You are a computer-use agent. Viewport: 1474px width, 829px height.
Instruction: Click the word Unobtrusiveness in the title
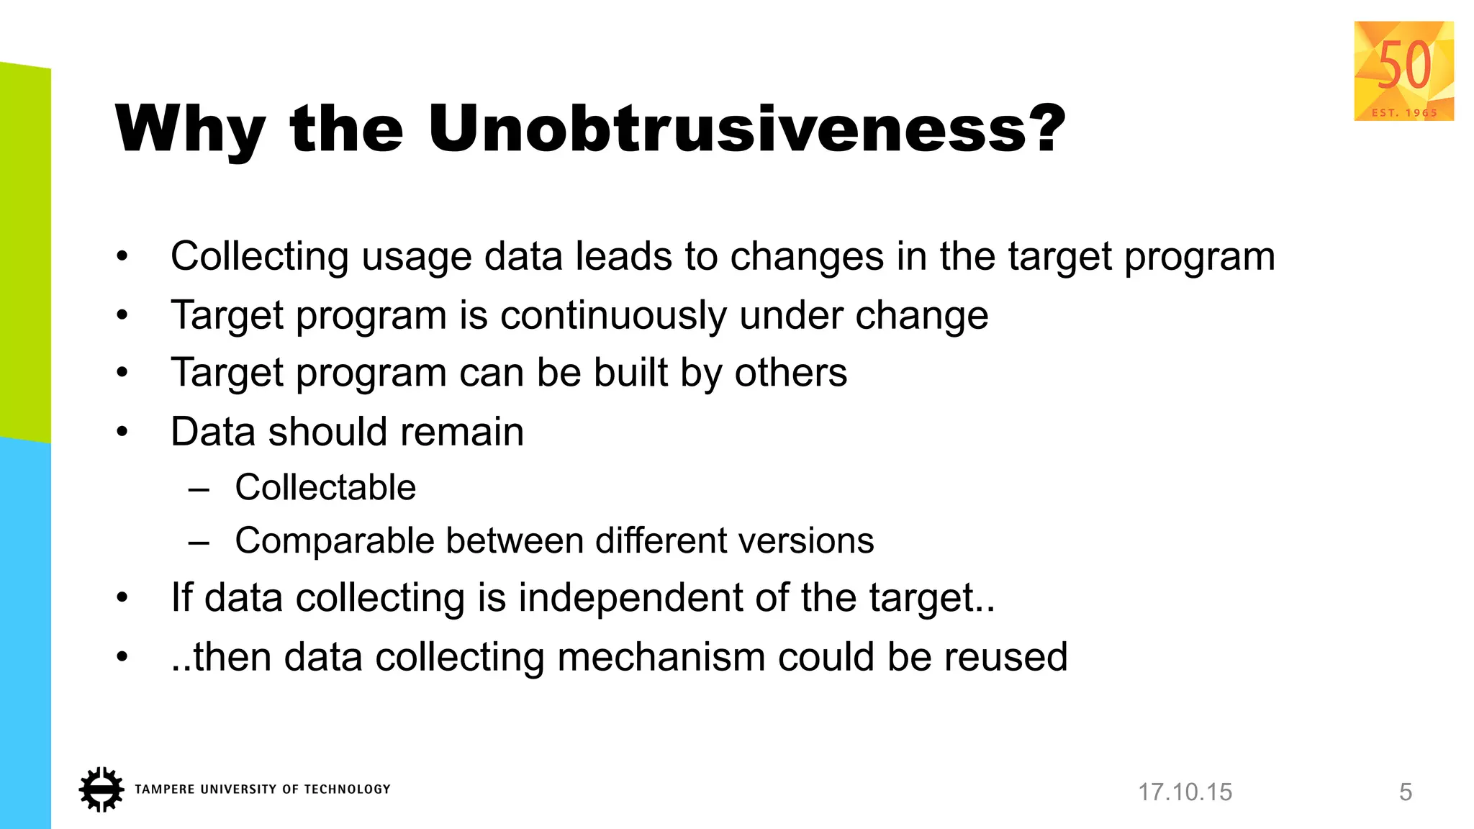point(746,130)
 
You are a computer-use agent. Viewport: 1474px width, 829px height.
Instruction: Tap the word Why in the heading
point(190,130)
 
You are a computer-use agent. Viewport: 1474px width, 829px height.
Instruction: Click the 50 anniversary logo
point(1403,71)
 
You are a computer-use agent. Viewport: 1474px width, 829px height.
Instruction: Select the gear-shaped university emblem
point(101,789)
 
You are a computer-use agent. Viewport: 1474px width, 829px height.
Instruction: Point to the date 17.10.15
point(1185,792)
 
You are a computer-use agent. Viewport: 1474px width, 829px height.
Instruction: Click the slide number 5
point(1406,792)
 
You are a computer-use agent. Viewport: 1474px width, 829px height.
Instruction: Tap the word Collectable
point(325,488)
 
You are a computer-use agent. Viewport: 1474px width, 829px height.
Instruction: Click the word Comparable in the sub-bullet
point(333,541)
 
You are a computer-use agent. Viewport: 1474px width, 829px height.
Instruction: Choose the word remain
point(461,432)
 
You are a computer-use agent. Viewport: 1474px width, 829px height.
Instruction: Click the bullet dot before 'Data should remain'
point(122,432)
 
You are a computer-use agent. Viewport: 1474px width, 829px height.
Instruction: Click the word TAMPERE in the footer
point(164,789)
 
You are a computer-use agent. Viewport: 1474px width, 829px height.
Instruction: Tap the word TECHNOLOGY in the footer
point(347,789)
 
